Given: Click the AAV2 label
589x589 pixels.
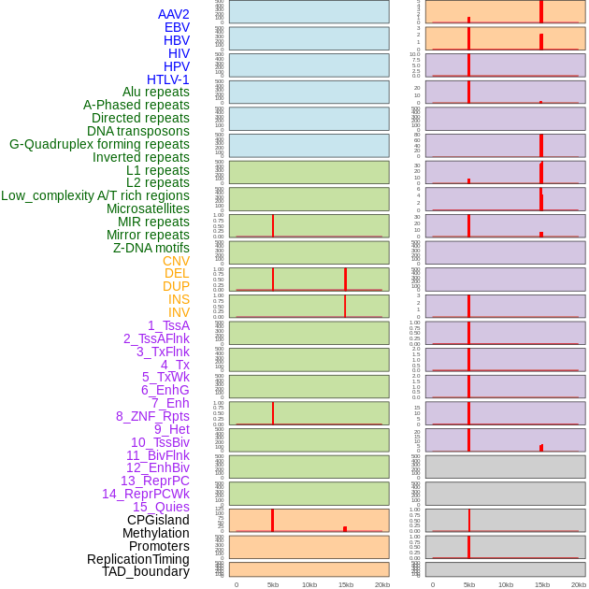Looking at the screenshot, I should pos(174,14).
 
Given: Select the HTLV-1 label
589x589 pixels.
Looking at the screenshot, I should pos(168,79).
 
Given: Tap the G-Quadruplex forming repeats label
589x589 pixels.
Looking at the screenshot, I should pos(99,144).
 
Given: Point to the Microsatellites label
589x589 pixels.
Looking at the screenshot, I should pos(148,208).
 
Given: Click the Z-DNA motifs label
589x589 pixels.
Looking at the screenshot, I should pos(151,248).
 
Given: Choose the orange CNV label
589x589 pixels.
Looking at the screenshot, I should pos(176,261).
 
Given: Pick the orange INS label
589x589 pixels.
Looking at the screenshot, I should pos(179,299).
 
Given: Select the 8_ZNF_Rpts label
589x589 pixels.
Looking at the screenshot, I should pos(152,416).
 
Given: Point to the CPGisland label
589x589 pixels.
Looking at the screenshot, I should pos(158,520).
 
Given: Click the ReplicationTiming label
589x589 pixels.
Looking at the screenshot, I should pos(138,559).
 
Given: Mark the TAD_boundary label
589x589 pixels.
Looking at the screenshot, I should pos(146,571).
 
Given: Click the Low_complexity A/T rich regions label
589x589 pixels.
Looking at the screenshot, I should pos(95,195).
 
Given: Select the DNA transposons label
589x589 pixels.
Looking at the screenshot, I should pos(138,131).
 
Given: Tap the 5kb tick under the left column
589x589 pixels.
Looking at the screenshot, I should pos(273,584).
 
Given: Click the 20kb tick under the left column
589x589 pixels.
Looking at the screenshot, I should pos(382,584).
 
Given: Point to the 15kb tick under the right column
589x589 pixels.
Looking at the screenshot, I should pos(542,584).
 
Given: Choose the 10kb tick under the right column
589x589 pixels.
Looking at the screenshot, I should pos(506,584).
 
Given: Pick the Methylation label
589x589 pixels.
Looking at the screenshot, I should pos(156,533).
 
